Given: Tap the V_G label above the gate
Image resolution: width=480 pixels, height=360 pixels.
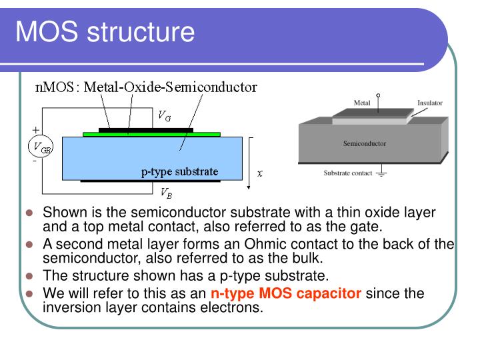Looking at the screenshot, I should [x=164, y=115].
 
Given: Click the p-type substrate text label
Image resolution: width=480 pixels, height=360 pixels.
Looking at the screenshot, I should [x=179, y=171].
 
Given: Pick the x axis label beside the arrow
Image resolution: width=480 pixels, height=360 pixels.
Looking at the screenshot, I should [x=260, y=173].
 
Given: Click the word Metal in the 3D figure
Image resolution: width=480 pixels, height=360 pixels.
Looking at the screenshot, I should [x=361, y=103].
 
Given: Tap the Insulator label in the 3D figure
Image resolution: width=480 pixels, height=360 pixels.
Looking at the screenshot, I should [x=429, y=103].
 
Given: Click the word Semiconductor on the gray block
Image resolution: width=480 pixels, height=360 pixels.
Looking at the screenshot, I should [x=364, y=143].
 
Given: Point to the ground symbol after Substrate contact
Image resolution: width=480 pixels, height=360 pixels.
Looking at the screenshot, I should [x=382, y=174].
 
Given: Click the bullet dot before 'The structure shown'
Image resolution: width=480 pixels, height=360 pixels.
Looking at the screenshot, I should [x=29, y=276].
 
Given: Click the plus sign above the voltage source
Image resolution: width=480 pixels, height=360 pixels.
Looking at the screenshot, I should [x=35, y=129].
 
